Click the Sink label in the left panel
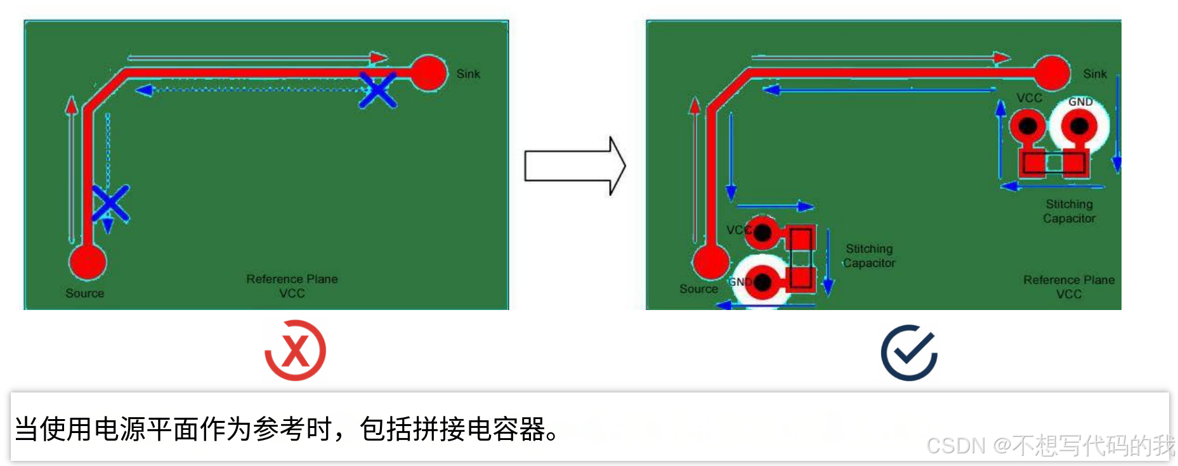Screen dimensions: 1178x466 tap(468, 74)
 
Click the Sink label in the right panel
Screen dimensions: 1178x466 tap(1094, 74)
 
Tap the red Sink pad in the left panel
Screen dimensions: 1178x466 tap(428, 73)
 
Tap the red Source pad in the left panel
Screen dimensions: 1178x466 tap(88, 262)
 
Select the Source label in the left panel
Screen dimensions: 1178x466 tap(84, 294)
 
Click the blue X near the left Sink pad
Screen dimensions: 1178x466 tap(378, 89)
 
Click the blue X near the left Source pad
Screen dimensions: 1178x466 tap(110, 203)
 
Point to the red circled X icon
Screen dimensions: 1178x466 tap(295, 351)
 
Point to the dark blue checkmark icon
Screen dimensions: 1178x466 tap(909, 353)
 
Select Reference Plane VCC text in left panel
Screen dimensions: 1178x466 tap(292, 286)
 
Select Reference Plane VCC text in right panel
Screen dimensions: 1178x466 tap(1068, 287)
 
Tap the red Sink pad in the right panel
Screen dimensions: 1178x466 tap(1052, 73)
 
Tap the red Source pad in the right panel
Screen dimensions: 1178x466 tap(711, 262)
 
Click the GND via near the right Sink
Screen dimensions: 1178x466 tap(1079, 126)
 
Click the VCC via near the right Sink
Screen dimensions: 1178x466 tap(1028, 126)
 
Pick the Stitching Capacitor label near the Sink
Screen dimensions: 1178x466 tap(1069, 211)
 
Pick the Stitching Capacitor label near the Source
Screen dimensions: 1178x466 tap(869, 256)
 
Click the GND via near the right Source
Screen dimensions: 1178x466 tap(763, 282)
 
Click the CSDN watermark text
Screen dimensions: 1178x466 tap(1050, 446)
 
